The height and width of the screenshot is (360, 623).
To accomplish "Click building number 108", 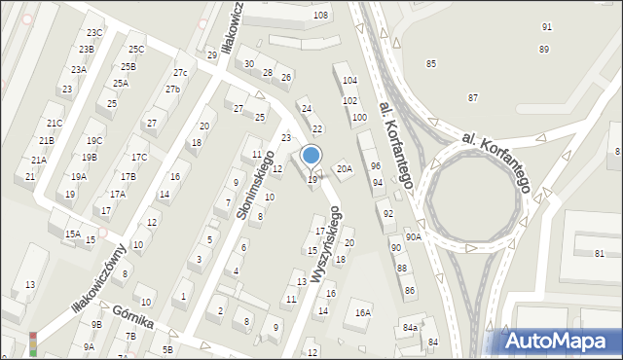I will point(320,16).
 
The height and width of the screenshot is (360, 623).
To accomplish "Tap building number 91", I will point(546,26).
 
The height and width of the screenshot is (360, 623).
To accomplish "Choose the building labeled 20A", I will point(344,168).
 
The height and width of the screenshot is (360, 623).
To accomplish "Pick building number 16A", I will point(363,313).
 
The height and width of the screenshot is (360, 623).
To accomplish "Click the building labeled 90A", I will point(414,236).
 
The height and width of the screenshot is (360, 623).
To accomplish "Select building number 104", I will point(349,81).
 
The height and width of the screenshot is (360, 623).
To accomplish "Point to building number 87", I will point(473,98).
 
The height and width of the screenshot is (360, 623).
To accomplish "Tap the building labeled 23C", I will point(93,34).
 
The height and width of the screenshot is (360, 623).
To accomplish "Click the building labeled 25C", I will point(135,50).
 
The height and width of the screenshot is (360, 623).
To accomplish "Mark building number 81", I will point(600,254).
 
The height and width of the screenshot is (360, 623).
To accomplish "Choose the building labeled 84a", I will point(410,328).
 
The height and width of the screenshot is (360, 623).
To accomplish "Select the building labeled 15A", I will point(73,234).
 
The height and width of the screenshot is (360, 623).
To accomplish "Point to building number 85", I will point(430,64).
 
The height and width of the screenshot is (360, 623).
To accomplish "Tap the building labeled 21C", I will point(55,124).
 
